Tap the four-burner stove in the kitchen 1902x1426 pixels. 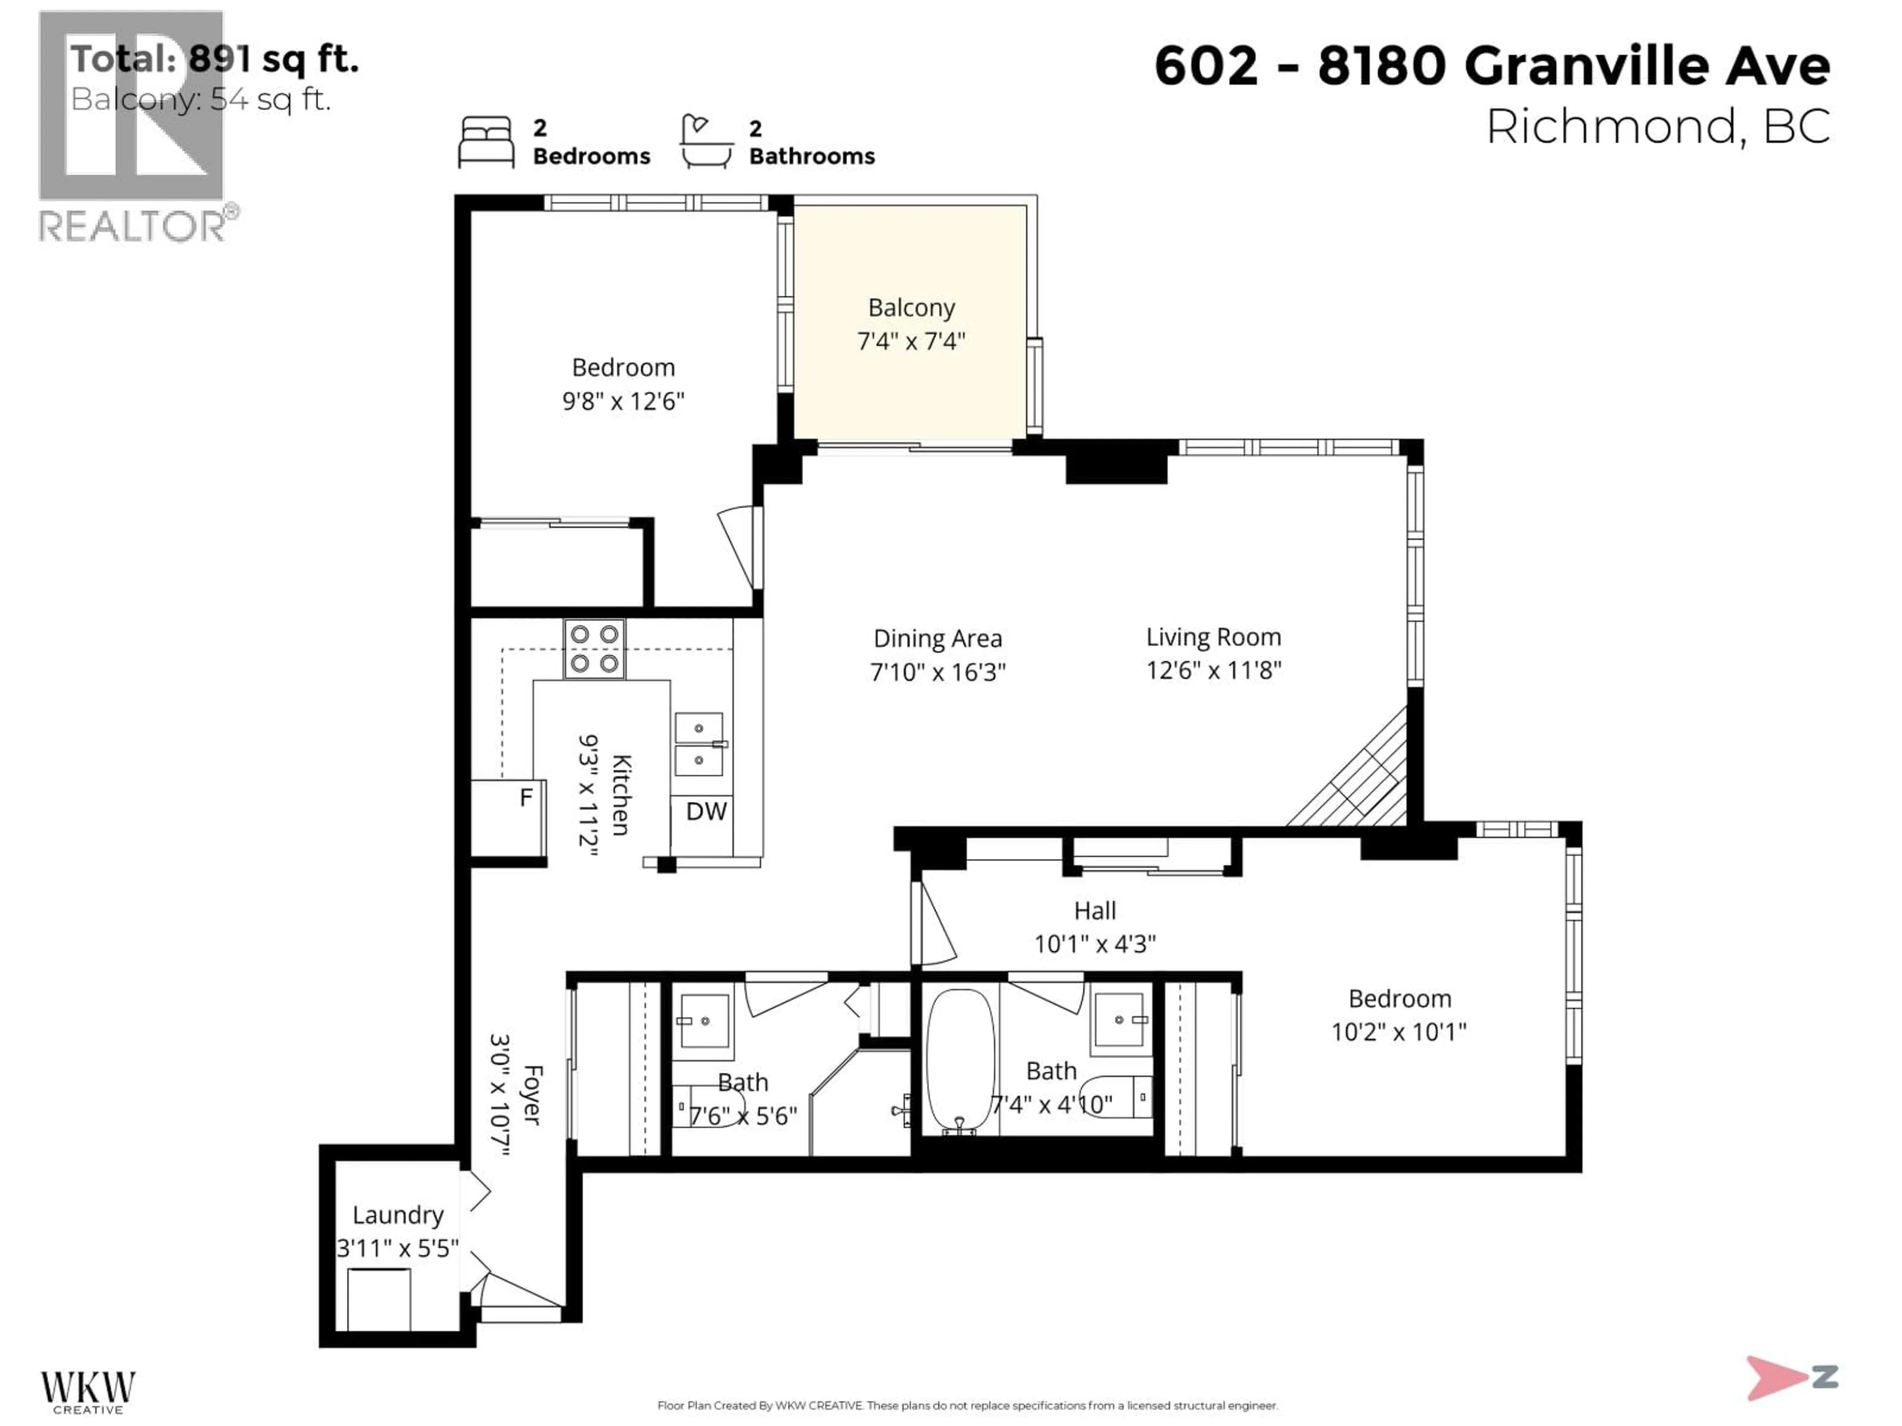click(594, 649)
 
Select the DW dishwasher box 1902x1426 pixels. click(706, 811)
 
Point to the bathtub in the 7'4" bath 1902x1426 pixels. click(960, 1062)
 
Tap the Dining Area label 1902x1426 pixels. click(937, 639)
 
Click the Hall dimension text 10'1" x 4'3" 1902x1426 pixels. click(1095, 944)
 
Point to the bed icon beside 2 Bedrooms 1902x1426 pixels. click(486, 142)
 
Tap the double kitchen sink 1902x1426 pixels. click(699, 744)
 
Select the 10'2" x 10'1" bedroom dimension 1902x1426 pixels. click(1399, 1031)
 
